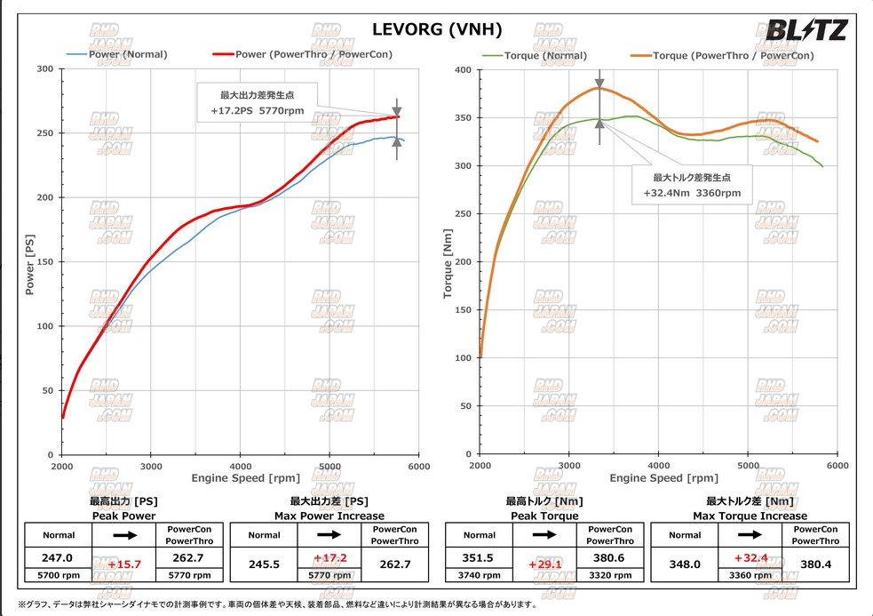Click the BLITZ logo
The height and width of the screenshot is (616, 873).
click(806, 30)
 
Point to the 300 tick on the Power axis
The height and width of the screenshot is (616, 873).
click(44, 69)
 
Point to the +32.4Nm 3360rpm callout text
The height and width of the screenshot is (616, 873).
click(691, 193)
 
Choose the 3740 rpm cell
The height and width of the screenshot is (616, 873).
click(479, 575)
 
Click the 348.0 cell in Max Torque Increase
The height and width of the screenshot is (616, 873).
click(684, 564)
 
